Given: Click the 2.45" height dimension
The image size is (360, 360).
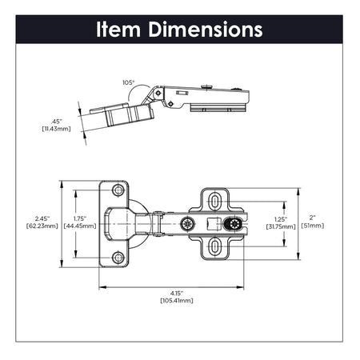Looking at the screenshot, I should pos(44,218).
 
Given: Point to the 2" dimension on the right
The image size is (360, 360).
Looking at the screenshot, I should pos(313,218).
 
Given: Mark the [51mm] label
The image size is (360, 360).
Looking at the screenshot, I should pos(313,226).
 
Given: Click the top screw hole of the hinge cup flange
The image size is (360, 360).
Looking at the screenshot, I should pos(118,190).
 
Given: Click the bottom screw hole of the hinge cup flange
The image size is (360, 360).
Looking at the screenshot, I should pos(118,257).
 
